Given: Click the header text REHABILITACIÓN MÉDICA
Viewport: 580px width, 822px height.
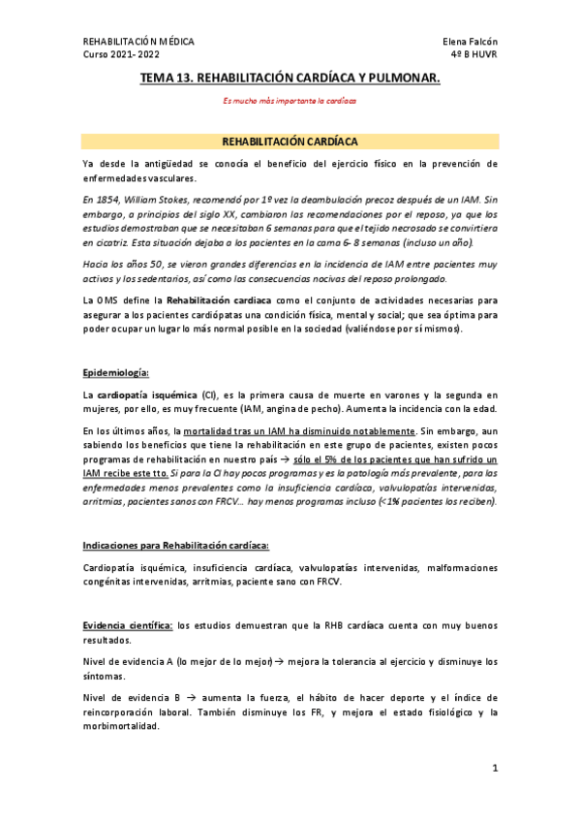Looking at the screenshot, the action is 138,42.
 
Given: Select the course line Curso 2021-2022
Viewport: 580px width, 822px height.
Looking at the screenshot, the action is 121,55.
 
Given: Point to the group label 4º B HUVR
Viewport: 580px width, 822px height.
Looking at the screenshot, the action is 473,55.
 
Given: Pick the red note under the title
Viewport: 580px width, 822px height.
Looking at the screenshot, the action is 290,100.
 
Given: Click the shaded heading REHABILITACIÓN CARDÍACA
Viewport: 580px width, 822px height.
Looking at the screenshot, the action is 290,140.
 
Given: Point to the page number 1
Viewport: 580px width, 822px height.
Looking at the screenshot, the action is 494,769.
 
